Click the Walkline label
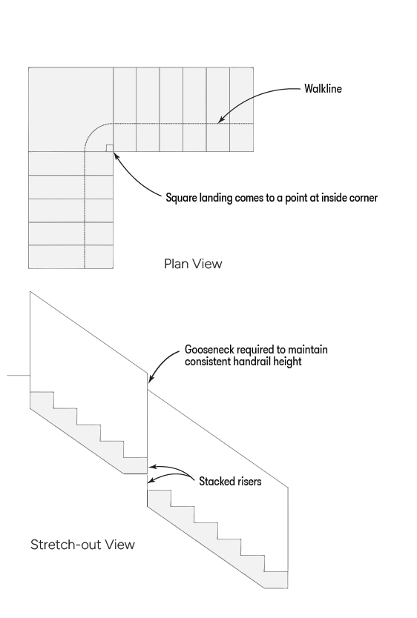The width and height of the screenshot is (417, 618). tap(323, 89)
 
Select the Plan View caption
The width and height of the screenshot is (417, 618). tap(193, 264)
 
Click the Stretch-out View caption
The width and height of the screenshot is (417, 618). tap(83, 545)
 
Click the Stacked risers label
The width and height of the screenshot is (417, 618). tap(230, 481)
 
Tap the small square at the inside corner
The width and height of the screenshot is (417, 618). tap(109, 148)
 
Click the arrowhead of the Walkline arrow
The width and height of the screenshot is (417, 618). tap(222, 119)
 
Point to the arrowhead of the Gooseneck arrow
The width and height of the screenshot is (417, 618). tap(151, 379)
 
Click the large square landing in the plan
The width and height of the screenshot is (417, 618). tap(71, 110)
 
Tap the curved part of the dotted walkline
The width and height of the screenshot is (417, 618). tap(94, 132)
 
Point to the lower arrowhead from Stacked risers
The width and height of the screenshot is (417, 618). tap(151, 480)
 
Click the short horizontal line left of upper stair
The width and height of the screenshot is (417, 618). tap(19, 375)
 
